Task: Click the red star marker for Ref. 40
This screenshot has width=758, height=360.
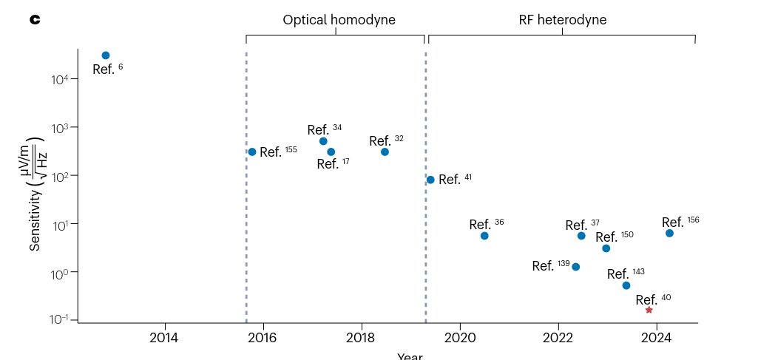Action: pos(649,310)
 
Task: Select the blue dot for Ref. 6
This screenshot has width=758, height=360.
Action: pos(106,55)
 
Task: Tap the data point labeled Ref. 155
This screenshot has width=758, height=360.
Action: pos(252,152)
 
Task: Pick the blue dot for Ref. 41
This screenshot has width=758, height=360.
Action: pos(430,180)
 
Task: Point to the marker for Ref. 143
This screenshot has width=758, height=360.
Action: pos(626,285)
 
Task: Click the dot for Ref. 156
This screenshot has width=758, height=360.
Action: pos(669,233)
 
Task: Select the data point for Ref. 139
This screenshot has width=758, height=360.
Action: pos(576,267)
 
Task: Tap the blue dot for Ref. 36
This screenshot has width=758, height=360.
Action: pos(484,236)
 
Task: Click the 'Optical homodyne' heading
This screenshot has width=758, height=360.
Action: pos(339,20)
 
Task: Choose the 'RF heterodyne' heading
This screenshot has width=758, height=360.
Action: pos(562,20)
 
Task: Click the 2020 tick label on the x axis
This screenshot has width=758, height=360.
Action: pos(460,338)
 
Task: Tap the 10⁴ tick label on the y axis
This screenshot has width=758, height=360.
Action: pos(60,79)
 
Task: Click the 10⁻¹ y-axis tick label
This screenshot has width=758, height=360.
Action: pos(60,319)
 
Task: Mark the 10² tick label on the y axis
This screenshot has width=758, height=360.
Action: pos(60,176)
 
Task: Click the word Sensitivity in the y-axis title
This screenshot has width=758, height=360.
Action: pos(35,222)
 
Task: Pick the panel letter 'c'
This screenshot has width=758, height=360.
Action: pos(34,19)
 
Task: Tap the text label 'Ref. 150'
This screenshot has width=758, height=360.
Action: pos(614,237)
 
